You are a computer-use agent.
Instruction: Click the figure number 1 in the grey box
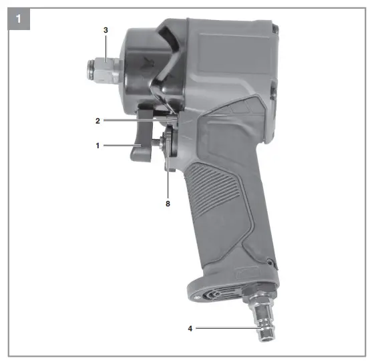pyautogui.click(x=19, y=19)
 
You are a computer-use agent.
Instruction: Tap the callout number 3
pyautogui.click(x=106, y=30)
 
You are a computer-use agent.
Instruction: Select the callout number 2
pyautogui.click(x=98, y=121)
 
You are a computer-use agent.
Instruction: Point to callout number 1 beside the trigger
pyautogui.click(x=98, y=146)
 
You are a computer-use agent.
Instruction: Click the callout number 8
pyautogui.click(x=168, y=204)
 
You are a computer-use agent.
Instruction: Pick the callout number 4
pyautogui.click(x=190, y=329)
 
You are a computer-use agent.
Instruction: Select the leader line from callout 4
pyautogui.click(x=228, y=328)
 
